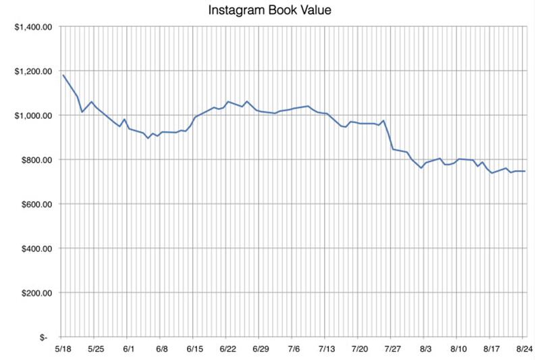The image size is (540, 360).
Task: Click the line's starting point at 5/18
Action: point(63,74)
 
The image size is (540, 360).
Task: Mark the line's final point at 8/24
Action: point(525,172)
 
